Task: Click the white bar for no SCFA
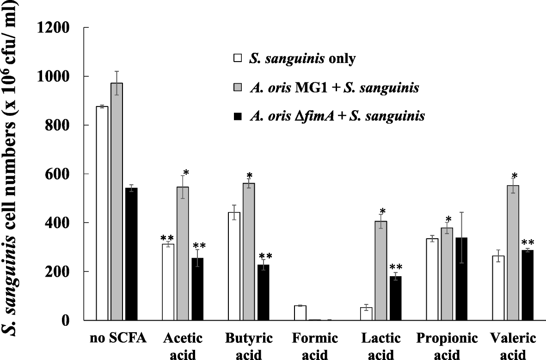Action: [x=102, y=213]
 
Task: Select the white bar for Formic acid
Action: [x=300, y=313]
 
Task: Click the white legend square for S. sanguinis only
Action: [x=238, y=59]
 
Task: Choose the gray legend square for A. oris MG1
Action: [x=238, y=87]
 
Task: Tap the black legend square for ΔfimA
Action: [x=238, y=117]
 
